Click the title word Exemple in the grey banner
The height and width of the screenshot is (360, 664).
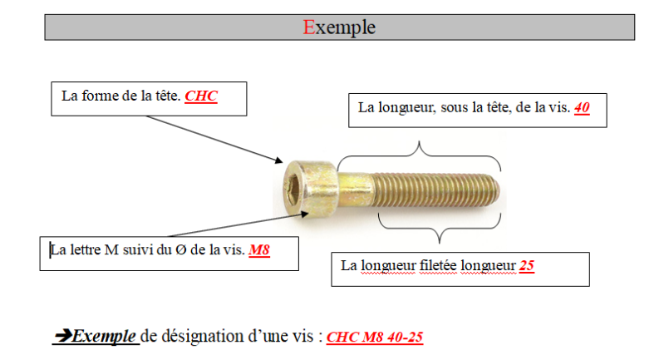pyautogui.click(x=339, y=27)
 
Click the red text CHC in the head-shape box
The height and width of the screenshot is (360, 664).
pyautogui.click(x=201, y=96)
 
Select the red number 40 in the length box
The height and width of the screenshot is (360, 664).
pyautogui.click(x=582, y=107)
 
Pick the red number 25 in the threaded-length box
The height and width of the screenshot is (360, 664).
pyautogui.click(x=526, y=265)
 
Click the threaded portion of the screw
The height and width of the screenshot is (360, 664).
pyautogui.click(x=432, y=190)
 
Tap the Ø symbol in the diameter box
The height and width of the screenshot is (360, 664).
pyautogui.click(x=170, y=250)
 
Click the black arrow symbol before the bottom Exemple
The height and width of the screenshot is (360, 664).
pyautogui.click(x=63, y=337)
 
